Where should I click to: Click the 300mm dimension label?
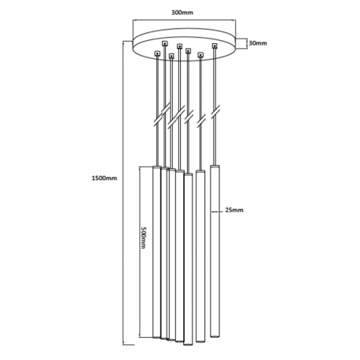click(182, 13)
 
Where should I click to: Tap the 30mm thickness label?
click(258, 43)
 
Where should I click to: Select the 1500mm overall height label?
click(105, 178)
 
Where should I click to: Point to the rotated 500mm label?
click(144, 237)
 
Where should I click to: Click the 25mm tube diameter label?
click(234, 210)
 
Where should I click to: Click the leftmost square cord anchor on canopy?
click(157, 53)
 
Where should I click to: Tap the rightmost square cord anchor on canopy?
click(215, 46)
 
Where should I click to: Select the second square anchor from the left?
click(164, 43)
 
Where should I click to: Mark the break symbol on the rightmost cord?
click(215, 112)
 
